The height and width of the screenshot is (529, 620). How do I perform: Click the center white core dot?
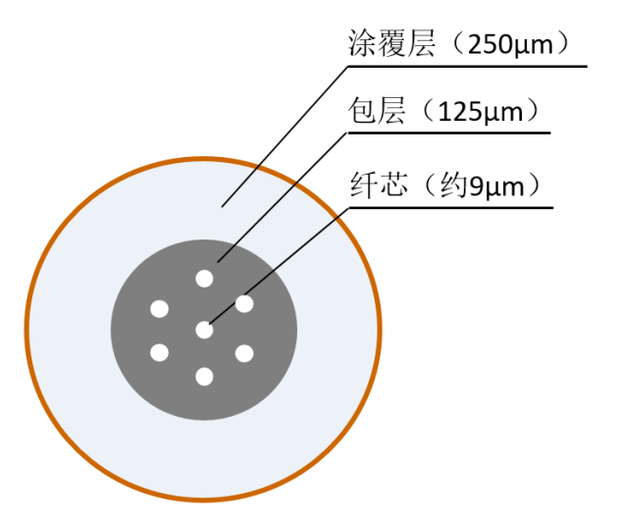click(204, 330)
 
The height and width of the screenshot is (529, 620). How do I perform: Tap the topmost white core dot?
click(204, 279)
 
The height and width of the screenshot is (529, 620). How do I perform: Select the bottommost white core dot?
click(204, 376)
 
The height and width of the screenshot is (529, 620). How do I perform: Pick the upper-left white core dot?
click(159, 309)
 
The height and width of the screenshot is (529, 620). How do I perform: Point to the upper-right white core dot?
click(244, 304)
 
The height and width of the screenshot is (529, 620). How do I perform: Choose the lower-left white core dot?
click(159, 352)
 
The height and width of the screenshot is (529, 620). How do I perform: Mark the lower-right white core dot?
click(244, 353)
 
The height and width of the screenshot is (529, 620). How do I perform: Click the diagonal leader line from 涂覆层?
click(284, 136)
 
